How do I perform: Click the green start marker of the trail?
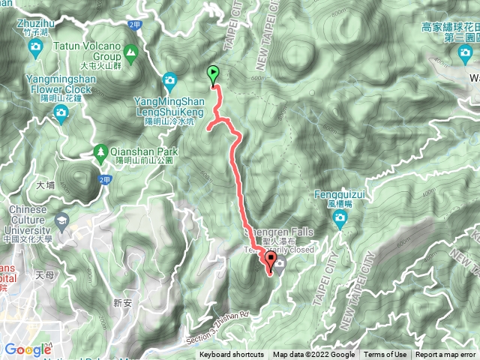(213, 74)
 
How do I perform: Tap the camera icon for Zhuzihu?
(35, 49)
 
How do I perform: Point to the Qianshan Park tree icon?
(100, 151)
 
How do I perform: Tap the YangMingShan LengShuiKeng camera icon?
(169, 81)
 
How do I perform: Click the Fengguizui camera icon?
(339, 220)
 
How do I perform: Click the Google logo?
(27, 349)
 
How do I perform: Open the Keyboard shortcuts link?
(232, 355)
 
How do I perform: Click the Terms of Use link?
(385, 355)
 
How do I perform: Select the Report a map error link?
(445, 355)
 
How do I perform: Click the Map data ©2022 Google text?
(313, 355)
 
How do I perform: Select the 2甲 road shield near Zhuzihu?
(135, 25)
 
